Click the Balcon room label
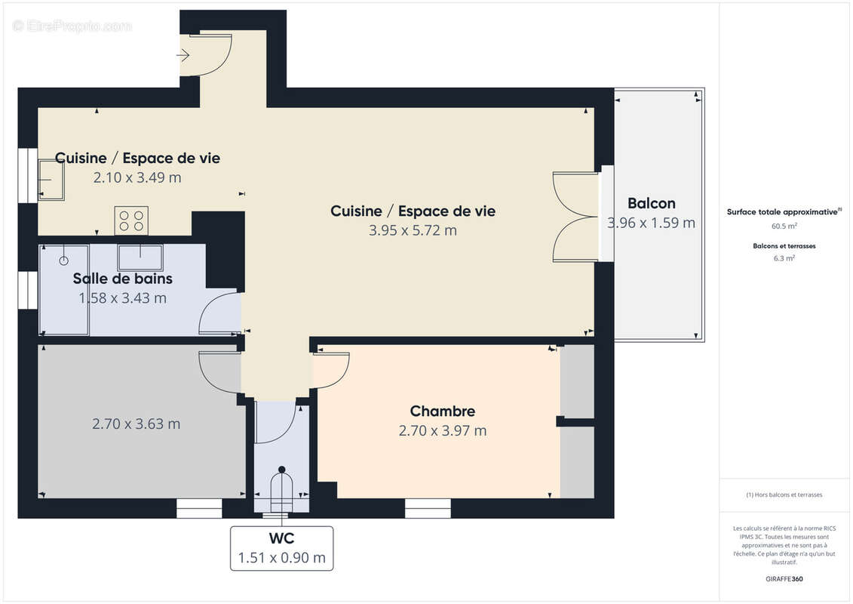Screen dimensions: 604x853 [x=651, y=203]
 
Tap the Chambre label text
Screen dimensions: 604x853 [x=442, y=411]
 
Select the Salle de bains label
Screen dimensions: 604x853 [x=122, y=279]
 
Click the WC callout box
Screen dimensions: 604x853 [x=282, y=548]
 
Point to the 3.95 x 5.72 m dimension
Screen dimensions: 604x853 [x=413, y=231]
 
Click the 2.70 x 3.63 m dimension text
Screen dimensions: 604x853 [x=136, y=424]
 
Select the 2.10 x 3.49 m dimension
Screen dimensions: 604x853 [x=137, y=178]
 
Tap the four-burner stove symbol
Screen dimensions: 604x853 [x=131, y=220]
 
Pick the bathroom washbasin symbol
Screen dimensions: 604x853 [x=140, y=257]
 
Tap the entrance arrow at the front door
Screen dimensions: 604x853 [x=183, y=55]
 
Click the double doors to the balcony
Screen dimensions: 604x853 [x=577, y=217]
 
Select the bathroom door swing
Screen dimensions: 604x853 [x=219, y=314]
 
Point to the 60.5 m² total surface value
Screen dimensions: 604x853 [x=784, y=226]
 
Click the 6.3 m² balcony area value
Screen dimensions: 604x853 [x=784, y=258]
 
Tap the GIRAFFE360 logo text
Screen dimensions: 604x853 [x=784, y=579]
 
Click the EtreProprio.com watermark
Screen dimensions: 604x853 [x=72, y=26]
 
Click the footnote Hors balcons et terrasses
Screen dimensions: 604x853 [x=784, y=495]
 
